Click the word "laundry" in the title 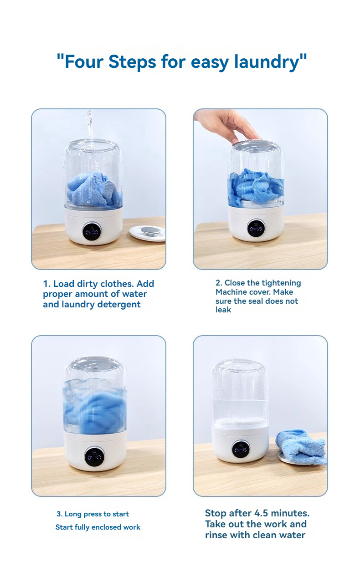(267, 62)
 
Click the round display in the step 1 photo (92, 231)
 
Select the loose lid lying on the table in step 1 (147, 233)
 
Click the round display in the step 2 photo (256, 228)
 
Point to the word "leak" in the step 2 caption (223, 310)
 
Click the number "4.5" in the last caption (261, 513)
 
